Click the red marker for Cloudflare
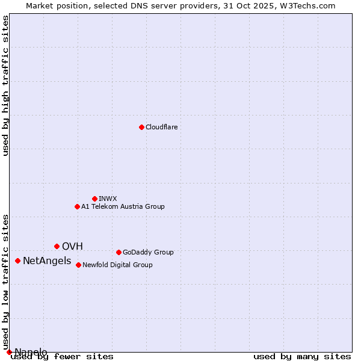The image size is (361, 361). [x=141, y=127]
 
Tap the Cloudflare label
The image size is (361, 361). [x=161, y=127]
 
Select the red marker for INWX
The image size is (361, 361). [x=94, y=199]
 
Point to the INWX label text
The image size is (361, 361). [x=108, y=199]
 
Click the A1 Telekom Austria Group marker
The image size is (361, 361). [x=77, y=206]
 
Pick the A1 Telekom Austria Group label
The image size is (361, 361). [x=123, y=206]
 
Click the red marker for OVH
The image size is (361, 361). [x=57, y=246]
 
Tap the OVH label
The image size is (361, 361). [x=72, y=246]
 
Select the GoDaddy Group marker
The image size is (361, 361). [x=119, y=252]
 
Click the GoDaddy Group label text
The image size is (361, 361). [x=148, y=252]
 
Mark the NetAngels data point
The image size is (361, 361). [x=17, y=261]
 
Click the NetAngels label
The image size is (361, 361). [x=47, y=261]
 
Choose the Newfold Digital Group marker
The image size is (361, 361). [x=78, y=265]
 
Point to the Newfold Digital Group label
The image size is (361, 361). [x=117, y=265]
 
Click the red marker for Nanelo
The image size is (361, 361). [x=9, y=352]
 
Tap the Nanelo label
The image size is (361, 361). [x=31, y=352]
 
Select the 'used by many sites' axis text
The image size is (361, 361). [x=302, y=357]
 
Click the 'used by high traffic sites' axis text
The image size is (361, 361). [x=6, y=85]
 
